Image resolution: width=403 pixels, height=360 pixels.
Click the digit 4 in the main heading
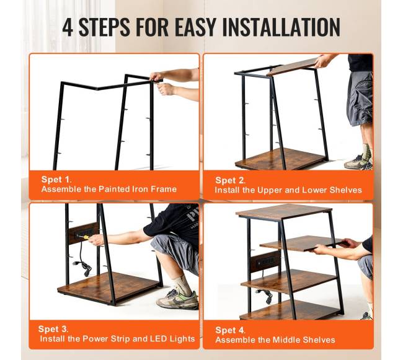[x=68, y=27]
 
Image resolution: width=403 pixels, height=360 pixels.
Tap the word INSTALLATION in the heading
[x=281, y=27]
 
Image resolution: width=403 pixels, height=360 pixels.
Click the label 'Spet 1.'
[x=56, y=179]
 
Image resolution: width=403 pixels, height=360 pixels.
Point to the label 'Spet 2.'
[x=230, y=180]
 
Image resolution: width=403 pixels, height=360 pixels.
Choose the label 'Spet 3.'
[x=53, y=329]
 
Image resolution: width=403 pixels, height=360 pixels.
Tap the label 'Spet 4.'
[x=230, y=330]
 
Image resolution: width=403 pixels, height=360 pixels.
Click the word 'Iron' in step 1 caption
[x=140, y=189]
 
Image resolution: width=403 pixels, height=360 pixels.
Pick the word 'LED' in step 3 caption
[x=159, y=339]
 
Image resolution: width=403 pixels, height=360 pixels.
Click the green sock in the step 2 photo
[x=366, y=152]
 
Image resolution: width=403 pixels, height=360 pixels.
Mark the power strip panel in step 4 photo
[x=265, y=261]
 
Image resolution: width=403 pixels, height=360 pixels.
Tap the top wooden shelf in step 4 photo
[x=284, y=212]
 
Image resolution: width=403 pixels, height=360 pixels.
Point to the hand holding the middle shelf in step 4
[x=319, y=248]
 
